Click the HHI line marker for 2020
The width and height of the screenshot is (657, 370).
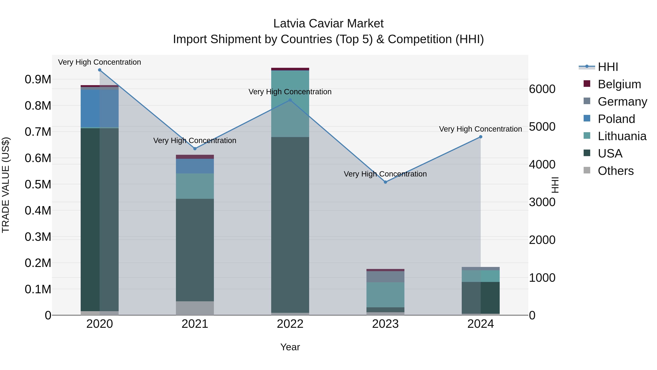tap(100, 70)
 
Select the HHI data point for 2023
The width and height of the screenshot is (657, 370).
tap(385, 182)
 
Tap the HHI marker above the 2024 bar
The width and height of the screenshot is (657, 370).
tap(481, 137)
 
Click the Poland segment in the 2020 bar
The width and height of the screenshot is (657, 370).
tap(99, 108)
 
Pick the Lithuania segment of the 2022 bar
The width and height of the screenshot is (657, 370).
tap(290, 103)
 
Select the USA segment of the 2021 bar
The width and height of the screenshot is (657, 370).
tap(195, 250)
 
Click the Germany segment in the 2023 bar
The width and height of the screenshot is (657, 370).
tap(385, 277)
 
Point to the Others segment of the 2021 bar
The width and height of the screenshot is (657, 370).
tap(195, 308)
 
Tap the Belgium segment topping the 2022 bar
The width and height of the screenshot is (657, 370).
tap(290, 69)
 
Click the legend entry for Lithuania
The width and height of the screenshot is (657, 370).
tap(622, 136)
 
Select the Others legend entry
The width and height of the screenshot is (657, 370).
tap(615, 171)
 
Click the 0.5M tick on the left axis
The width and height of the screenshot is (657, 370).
tap(38, 184)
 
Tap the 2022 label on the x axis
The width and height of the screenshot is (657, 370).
tap(290, 324)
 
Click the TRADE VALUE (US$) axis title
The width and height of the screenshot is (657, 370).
tap(6, 185)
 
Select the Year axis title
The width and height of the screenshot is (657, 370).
tap(290, 347)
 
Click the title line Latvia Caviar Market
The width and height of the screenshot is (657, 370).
tap(328, 24)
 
